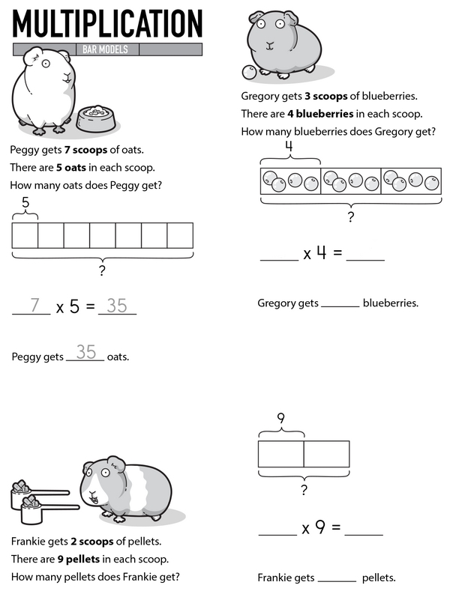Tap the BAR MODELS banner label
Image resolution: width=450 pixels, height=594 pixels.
point(107,50)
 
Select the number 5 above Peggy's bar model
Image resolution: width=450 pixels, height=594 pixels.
point(25,202)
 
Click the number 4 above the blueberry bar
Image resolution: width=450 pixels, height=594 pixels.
point(289,147)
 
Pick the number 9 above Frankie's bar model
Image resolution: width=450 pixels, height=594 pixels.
point(280,419)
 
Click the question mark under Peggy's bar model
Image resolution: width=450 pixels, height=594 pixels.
point(102,270)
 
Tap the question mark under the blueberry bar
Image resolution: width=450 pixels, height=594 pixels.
point(349,217)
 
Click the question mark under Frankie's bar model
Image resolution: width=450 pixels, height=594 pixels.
point(304,490)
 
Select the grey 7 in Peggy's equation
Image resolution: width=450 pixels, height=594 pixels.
point(34,306)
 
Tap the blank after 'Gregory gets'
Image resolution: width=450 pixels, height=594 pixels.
point(340,305)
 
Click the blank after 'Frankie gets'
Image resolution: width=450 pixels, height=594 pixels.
point(337,579)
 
